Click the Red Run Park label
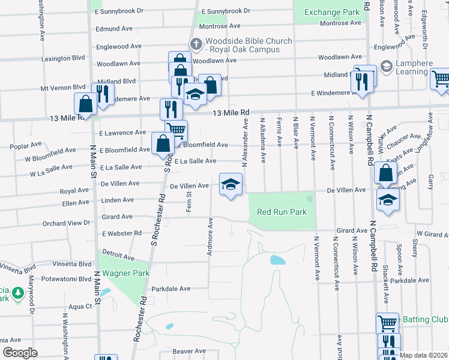[282, 212]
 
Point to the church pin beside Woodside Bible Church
[195, 44]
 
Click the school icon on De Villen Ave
[231, 184]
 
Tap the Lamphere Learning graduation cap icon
[386, 66]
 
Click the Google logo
[20, 353]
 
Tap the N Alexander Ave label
[245, 142]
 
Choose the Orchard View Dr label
[66, 223]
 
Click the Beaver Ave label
[188, 351]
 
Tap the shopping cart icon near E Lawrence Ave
[175, 130]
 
